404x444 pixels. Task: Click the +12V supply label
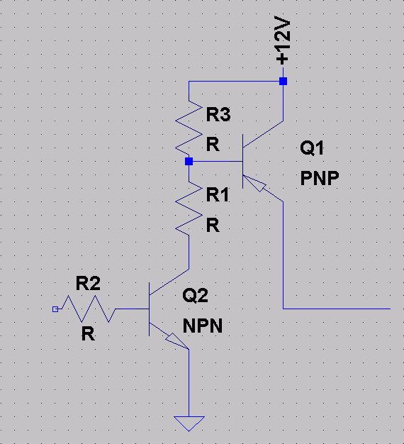(x=282, y=41)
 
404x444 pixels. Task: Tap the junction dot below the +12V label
(x=283, y=82)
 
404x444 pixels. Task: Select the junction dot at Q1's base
(x=189, y=162)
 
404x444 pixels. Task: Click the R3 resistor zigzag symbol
(x=189, y=128)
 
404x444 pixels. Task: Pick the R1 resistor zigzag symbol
(x=189, y=209)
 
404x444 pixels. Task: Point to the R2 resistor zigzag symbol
(x=89, y=309)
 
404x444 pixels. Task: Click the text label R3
(x=218, y=114)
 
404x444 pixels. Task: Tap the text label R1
(x=218, y=195)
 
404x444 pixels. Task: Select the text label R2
(x=88, y=283)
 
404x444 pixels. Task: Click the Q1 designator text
(x=311, y=148)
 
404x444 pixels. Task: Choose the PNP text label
(x=320, y=178)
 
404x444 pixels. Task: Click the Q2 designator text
(x=195, y=295)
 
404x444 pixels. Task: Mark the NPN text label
(x=203, y=326)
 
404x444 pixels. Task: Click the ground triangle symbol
(x=189, y=423)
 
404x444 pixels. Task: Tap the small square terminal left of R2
(x=55, y=309)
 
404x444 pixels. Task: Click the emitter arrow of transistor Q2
(x=177, y=341)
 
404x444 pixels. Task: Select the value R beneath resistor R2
(x=88, y=334)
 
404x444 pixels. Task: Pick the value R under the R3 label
(x=213, y=145)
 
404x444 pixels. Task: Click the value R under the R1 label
(x=213, y=226)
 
